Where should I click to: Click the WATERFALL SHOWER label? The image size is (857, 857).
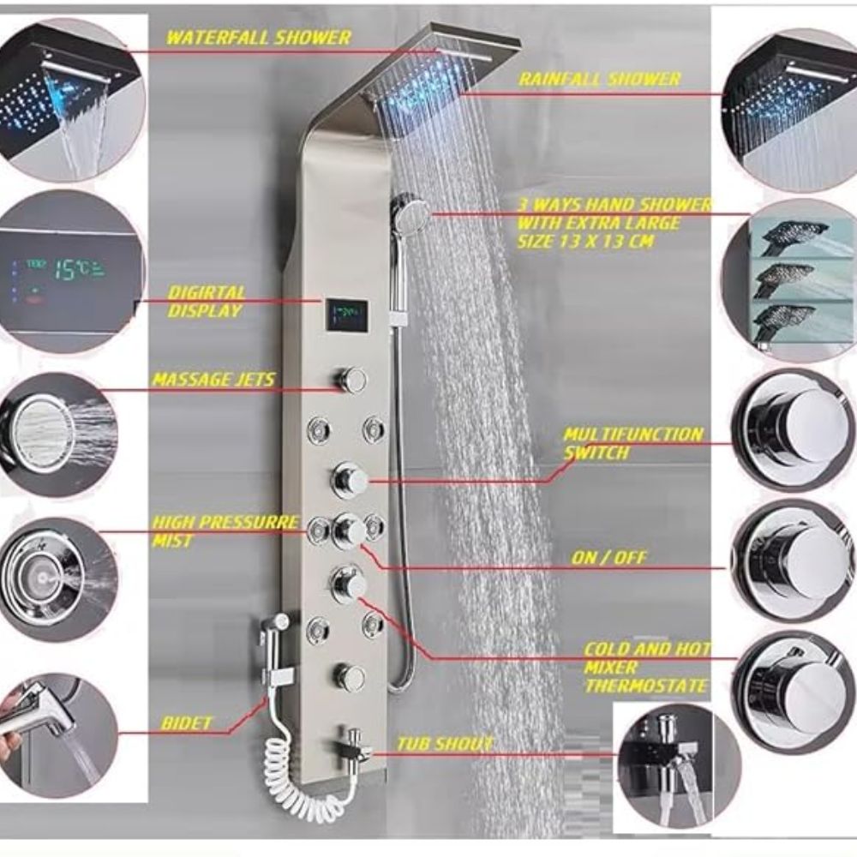pyautogui.click(x=258, y=38)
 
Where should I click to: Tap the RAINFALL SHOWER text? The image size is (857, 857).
pyautogui.click(x=600, y=79)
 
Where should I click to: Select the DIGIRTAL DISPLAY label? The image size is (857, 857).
pyautogui.click(x=206, y=301)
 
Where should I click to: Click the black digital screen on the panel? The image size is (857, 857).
pyautogui.click(x=346, y=315)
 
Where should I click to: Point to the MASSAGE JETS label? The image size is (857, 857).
pyautogui.click(x=213, y=380)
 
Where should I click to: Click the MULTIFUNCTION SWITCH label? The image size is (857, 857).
pyautogui.click(x=633, y=443)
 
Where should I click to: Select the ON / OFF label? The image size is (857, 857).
pyautogui.click(x=608, y=558)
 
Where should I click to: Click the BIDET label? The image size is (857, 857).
pyautogui.click(x=186, y=723)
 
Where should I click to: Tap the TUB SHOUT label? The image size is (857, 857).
pyautogui.click(x=445, y=744)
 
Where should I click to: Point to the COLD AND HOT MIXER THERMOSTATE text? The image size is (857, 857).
pyautogui.click(x=646, y=668)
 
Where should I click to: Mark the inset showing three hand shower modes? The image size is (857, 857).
pyautogui.click(x=787, y=280)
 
